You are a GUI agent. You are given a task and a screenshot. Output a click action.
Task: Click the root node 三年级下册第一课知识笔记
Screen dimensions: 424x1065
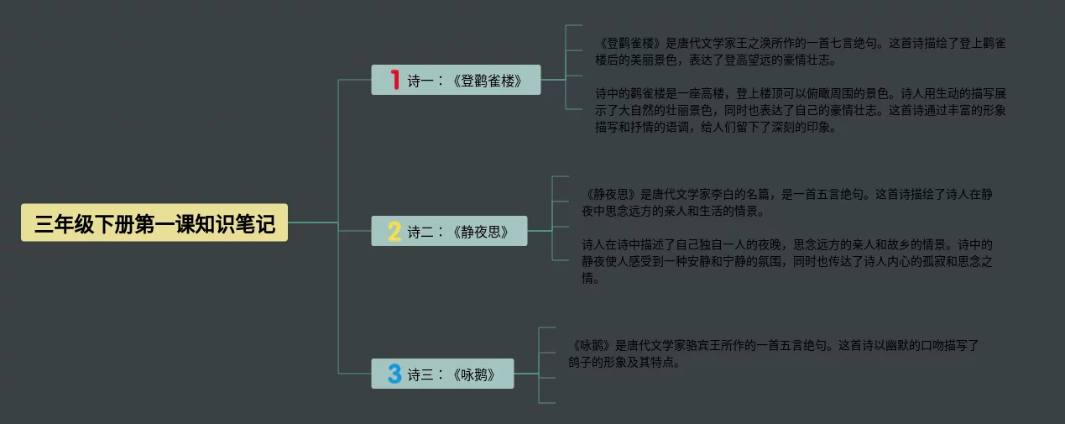[x=154, y=223]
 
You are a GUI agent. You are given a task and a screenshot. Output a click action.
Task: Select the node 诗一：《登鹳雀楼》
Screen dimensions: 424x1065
[x=456, y=81]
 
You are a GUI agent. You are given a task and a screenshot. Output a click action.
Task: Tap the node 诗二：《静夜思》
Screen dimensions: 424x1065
[x=449, y=231]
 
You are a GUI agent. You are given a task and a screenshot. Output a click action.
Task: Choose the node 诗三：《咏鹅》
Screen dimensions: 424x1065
[x=442, y=374]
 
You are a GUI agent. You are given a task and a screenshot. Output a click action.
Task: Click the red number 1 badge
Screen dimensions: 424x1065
[x=394, y=80]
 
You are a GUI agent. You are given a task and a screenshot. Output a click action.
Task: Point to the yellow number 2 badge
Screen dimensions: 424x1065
[x=394, y=231]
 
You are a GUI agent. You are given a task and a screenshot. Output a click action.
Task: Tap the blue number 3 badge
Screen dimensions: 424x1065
[x=394, y=374]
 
